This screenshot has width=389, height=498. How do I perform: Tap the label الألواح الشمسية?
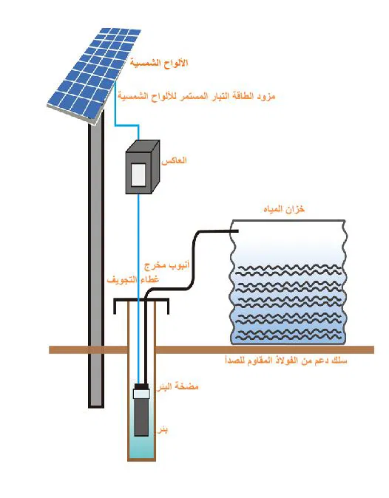pos(159,63)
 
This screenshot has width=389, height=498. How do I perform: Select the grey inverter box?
pos(143,167)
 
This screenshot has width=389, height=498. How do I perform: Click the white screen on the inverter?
pos(138,175)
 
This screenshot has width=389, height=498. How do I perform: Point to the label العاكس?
pos(174,161)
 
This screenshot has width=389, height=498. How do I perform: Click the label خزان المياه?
pos(284,209)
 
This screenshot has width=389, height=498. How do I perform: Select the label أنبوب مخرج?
pos(166,265)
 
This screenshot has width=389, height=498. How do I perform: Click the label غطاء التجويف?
pos(133,280)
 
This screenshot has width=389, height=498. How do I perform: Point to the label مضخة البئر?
pos(177,386)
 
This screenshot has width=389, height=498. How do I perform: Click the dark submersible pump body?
pos(141,417)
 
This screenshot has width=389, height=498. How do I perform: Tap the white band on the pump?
pos(141,394)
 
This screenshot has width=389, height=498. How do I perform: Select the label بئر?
pos(163,430)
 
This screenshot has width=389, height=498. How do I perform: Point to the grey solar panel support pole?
pos(96,258)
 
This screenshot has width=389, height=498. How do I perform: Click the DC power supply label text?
pos(197,95)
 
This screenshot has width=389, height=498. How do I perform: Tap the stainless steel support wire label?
pos(286,361)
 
